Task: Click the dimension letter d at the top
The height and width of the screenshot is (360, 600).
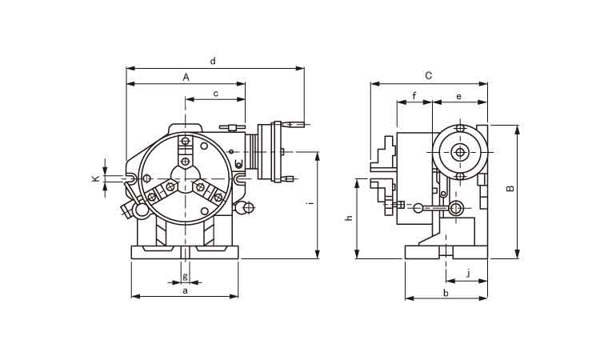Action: [213, 61]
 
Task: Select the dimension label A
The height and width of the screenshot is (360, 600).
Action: [186, 78]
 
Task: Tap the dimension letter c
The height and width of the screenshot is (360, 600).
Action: [216, 94]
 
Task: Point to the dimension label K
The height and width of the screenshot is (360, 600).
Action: [96, 178]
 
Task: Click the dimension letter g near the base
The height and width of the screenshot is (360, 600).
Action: [186, 277]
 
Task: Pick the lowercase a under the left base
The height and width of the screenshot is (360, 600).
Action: [186, 291]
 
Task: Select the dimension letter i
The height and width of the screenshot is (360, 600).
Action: [311, 202]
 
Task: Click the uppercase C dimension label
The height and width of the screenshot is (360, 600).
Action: [429, 76]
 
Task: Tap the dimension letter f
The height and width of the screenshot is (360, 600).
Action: [414, 96]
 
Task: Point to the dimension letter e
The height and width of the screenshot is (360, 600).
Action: [459, 97]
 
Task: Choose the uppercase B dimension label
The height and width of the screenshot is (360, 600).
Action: [510, 189]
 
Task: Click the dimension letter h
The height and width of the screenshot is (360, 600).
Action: [349, 218]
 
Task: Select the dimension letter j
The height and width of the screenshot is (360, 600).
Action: [468, 274]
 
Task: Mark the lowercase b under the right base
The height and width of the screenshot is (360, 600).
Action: [446, 293]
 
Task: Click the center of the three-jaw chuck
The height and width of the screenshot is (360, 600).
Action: [186, 178]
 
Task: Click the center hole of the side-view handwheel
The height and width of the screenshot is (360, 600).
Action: [460, 153]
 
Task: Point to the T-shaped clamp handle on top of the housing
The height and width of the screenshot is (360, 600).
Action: [232, 127]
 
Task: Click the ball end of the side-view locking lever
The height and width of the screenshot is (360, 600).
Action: [418, 208]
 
